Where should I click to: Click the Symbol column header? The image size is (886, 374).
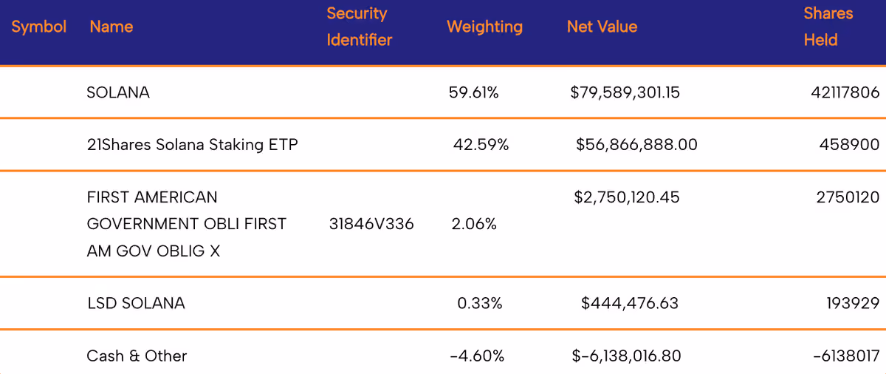pyautogui.click(x=38, y=27)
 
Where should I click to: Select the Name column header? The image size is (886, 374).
pyautogui.click(x=111, y=27)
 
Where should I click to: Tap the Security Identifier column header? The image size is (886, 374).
pyautogui.click(x=359, y=27)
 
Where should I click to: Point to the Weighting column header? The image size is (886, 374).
pyautogui.click(x=484, y=27)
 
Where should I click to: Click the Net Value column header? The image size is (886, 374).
pyautogui.click(x=602, y=27)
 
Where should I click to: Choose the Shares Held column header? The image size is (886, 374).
pyautogui.click(x=828, y=27)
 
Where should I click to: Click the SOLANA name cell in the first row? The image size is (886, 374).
pyautogui.click(x=118, y=92)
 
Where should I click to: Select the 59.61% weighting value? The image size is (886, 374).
pyautogui.click(x=473, y=92)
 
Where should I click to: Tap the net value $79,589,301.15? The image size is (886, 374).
pyautogui.click(x=625, y=92)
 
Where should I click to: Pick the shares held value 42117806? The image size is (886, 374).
pyautogui.click(x=845, y=92)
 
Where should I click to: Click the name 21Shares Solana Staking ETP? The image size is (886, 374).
pyautogui.click(x=192, y=145)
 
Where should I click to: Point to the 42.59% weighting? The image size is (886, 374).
pyautogui.click(x=481, y=145)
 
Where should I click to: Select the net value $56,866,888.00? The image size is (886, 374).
pyautogui.click(x=636, y=145)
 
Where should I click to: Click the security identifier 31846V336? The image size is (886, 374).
pyautogui.click(x=371, y=225)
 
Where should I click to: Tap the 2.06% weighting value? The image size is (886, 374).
pyautogui.click(x=474, y=225)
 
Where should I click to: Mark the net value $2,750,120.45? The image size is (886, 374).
pyautogui.click(x=627, y=197)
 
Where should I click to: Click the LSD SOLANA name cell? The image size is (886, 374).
pyautogui.click(x=136, y=304)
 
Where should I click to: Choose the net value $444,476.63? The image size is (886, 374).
pyautogui.click(x=630, y=304)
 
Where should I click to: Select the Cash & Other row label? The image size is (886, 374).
pyautogui.click(x=137, y=356)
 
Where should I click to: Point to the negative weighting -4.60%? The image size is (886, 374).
pyautogui.click(x=477, y=356)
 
